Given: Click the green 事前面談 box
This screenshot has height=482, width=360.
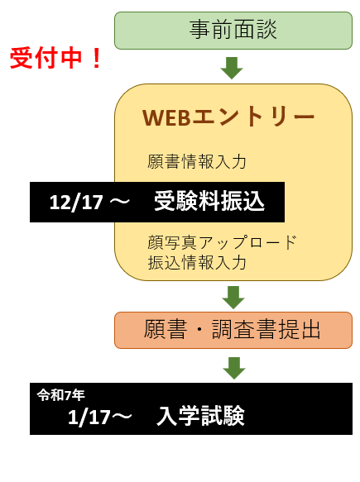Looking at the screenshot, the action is coord(233,31).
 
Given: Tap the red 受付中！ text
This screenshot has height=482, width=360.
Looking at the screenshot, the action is coord(55,58).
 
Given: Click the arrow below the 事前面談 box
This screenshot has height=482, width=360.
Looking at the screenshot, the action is coord(232,68).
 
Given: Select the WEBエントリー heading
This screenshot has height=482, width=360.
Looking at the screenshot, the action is coord(228,117).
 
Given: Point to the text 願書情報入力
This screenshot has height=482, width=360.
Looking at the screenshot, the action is coord(197,161).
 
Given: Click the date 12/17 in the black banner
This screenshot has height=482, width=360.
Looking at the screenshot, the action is coord(76,203).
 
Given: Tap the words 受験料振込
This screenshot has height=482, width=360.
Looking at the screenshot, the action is coord(209,201).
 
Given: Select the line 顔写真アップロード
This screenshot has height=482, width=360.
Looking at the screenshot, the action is coord(222,242).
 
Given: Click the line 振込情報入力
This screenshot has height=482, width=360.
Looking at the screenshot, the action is coord(197,263).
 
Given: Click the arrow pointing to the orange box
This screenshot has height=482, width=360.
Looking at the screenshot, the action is coord(233,298).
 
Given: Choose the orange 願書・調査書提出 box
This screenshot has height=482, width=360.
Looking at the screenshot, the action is coord(233,330).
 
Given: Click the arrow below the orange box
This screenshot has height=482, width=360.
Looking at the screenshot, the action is coord(234,368).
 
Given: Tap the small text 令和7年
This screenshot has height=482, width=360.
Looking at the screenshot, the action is coord(61,395).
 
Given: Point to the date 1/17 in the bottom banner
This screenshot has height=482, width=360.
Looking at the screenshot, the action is coord(89,418).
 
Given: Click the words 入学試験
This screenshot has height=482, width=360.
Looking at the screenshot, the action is coord(200,416).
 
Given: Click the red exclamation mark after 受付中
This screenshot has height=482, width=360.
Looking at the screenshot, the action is coord(96,58).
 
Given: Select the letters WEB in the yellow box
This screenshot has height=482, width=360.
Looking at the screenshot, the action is coord(166,117).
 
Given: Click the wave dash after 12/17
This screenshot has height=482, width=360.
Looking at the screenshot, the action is coord(118,202).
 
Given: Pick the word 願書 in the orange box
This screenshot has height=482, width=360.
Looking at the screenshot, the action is coord(166,329).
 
